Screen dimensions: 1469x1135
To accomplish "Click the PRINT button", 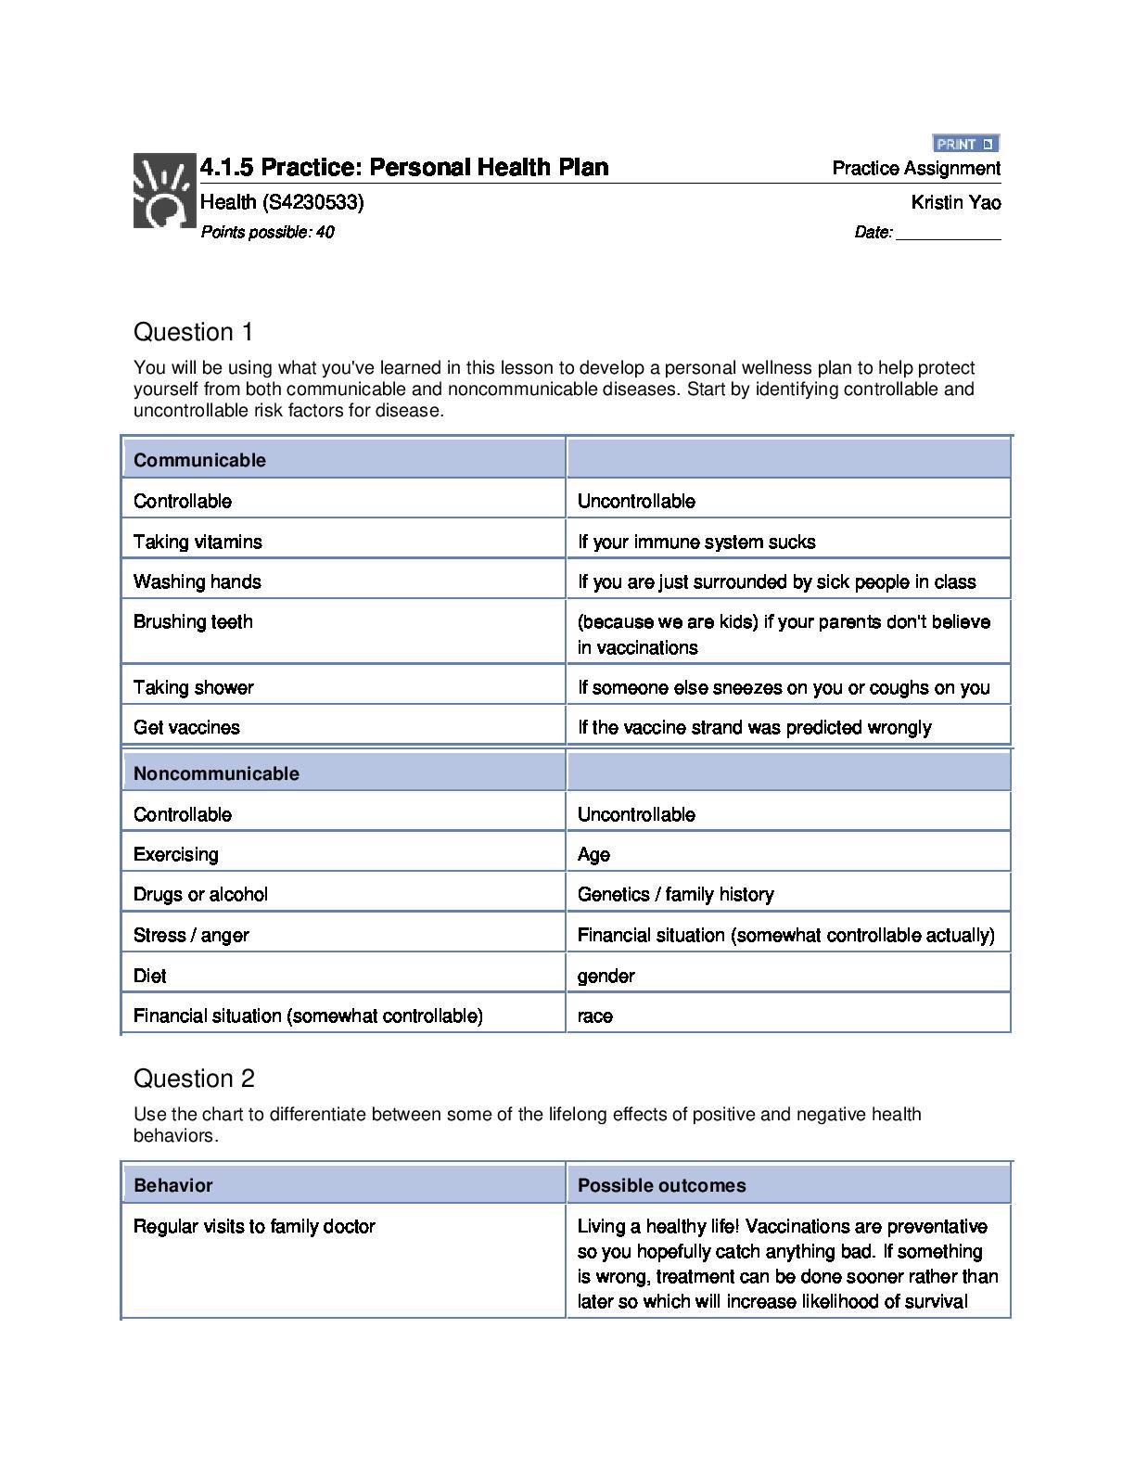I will coord(965,144).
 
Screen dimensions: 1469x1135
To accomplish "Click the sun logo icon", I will coord(164,191).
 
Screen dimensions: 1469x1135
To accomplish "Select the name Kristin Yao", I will coord(956,202).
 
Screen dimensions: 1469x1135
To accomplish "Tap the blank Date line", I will coord(948,233).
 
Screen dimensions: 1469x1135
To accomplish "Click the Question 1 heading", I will coord(194,332).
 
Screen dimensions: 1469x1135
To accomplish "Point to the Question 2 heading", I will coord(194,1079).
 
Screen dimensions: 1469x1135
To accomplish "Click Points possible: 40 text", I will coord(267,232).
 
